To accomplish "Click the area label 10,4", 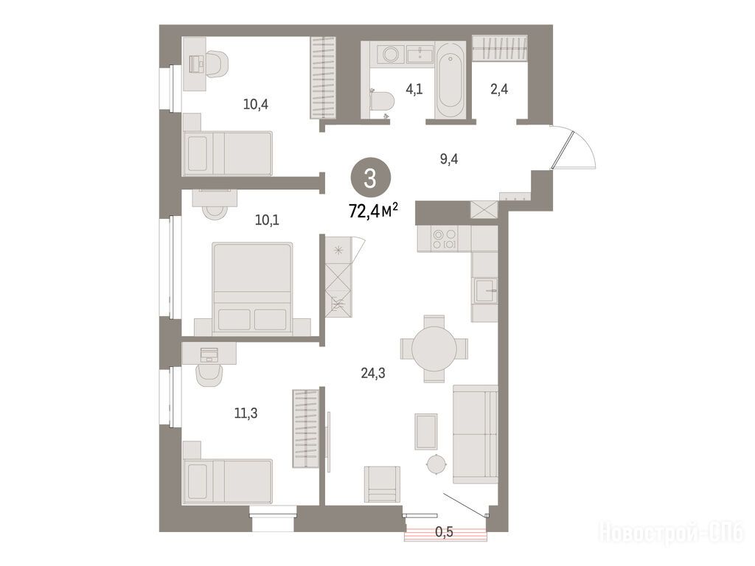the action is pos(256,104).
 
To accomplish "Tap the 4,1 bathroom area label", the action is pos(414,89).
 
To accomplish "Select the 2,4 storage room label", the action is pos(499,89).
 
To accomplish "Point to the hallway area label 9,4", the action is pos(449,159).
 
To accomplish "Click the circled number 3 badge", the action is pos(370,178).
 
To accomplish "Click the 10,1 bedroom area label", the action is pos(267,220).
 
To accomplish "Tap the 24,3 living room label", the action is pos(373,372).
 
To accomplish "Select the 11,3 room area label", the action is pos(246,413).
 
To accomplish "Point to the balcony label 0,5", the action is pos(444,532).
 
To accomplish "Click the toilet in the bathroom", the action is pos(382,102).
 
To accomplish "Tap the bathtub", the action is pos(450,80).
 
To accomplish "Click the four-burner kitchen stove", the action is pos(445,239).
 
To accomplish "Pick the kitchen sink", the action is pos(485,290).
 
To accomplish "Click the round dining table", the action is pos(434,349).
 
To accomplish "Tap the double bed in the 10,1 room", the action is pos(252,289).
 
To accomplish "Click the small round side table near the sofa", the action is pos(437,464).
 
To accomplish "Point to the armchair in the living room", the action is pos(382,484).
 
